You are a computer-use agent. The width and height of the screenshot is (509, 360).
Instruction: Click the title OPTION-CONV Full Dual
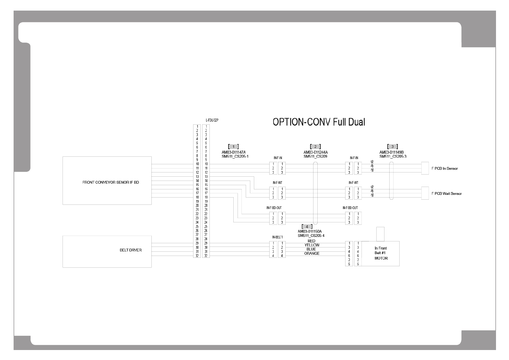tap(319, 122)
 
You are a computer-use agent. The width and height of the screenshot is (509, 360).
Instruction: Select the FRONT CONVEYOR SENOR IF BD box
tap(107, 181)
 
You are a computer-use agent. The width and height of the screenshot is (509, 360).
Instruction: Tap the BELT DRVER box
tap(107, 251)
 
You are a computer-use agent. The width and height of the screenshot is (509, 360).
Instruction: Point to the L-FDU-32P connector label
tap(212, 120)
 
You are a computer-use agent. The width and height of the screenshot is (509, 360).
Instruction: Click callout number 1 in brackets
tap(233, 147)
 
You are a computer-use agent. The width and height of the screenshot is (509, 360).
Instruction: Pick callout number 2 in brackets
tap(315, 147)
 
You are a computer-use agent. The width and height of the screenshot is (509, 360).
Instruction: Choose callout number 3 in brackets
tap(392, 147)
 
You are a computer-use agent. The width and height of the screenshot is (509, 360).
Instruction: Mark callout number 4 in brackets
tap(307, 227)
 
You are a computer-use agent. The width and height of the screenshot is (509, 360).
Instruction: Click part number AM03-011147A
tap(234, 152)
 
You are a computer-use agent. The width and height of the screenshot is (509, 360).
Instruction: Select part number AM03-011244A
tap(316, 152)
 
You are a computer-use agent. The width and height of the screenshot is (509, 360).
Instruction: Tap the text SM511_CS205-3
tap(393, 156)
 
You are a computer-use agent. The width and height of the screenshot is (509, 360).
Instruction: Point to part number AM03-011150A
tap(310, 231)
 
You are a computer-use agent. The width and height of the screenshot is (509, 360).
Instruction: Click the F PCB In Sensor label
tap(444, 169)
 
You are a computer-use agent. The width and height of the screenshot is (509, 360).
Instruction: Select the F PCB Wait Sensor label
tap(446, 194)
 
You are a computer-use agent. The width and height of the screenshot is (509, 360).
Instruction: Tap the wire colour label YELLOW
tap(312, 245)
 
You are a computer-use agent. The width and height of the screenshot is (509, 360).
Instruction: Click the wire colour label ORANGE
tap(312, 254)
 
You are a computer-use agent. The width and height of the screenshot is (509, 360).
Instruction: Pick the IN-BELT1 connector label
tap(277, 237)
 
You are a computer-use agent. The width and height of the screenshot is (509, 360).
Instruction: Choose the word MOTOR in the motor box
tap(381, 258)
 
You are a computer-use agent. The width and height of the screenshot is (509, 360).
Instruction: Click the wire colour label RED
tap(311, 241)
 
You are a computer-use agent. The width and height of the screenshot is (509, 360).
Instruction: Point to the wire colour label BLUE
tap(311, 249)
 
